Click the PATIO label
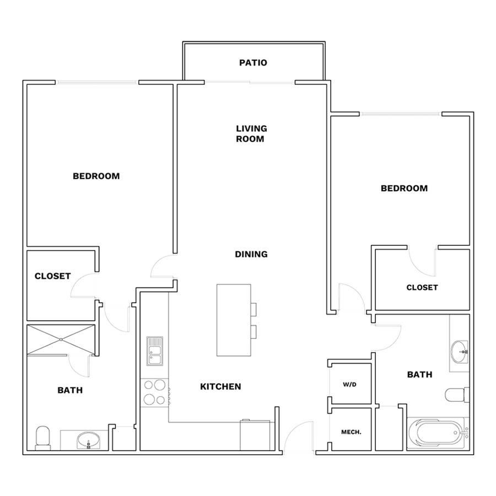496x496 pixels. pyautogui.click(x=253, y=63)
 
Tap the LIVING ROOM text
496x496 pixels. pyautogui.click(x=251, y=133)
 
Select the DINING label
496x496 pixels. pyautogui.click(x=251, y=254)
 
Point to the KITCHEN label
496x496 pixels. pyautogui.click(x=220, y=386)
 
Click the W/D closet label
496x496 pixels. pyautogui.click(x=349, y=384)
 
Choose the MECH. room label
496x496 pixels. pyautogui.click(x=351, y=432)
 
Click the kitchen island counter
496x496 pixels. pyautogui.click(x=234, y=320)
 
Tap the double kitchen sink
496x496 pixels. pyautogui.click(x=155, y=351)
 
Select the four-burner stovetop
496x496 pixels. pyautogui.click(x=155, y=392)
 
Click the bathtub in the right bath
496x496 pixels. pyautogui.click(x=436, y=433)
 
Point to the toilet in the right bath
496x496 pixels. pyautogui.click(x=457, y=395)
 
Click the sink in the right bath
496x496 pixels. pyautogui.click(x=459, y=352)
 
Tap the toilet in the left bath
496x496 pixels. pyautogui.click(x=42, y=438)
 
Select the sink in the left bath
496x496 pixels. pyautogui.click(x=88, y=441)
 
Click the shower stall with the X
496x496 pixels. pyautogui.click(x=61, y=339)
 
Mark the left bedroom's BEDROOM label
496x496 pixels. pyautogui.click(x=96, y=176)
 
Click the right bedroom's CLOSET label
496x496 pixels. pyautogui.click(x=422, y=287)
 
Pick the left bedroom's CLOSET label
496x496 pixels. pyautogui.click(x=52, y=276)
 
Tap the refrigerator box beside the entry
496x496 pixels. pyautogui.click(x=255, y=435)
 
